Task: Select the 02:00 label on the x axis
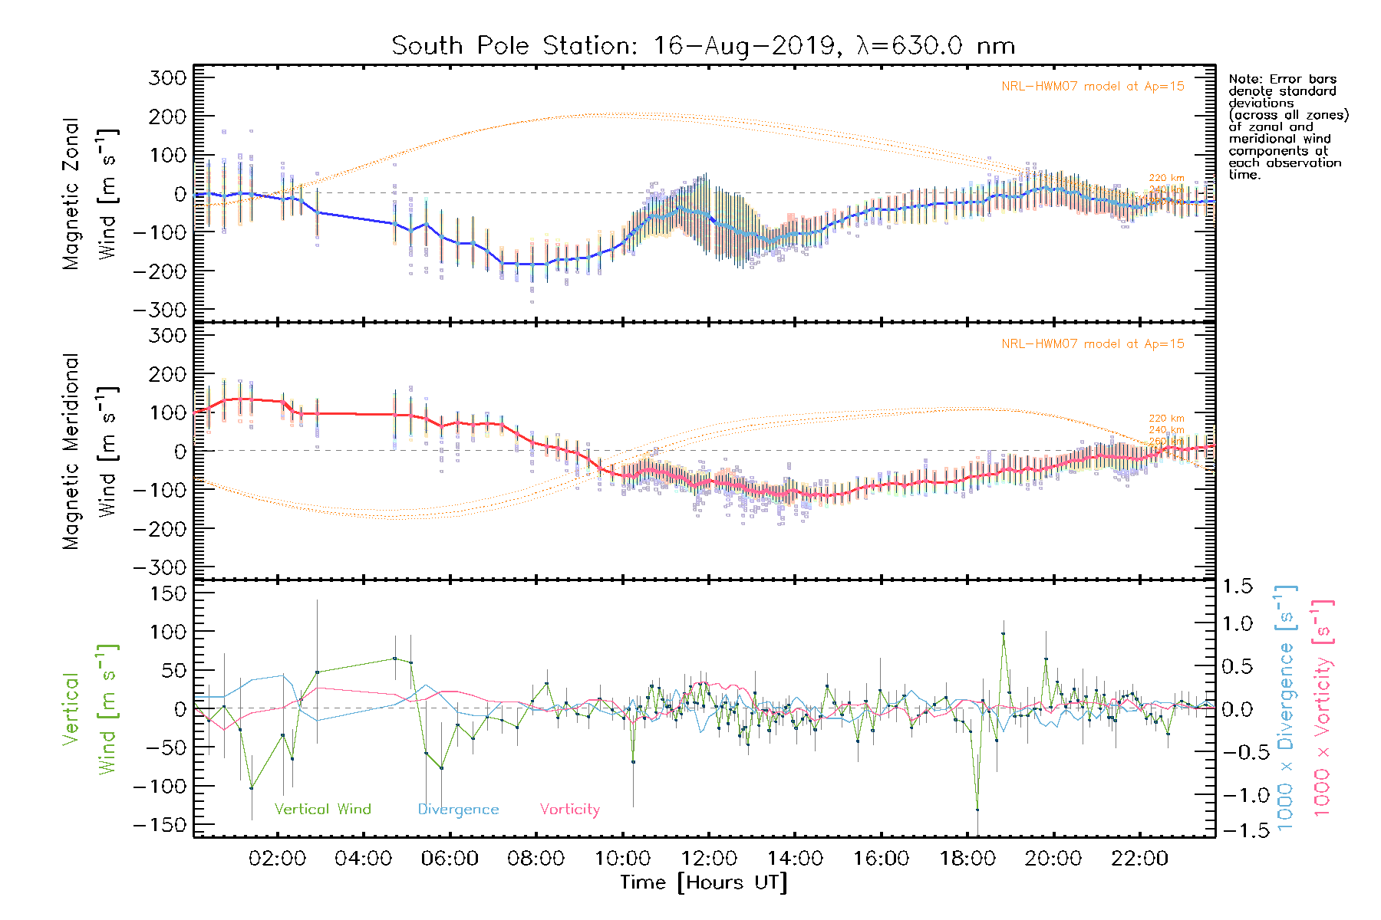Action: (277, 858)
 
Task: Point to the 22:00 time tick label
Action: (1139, 858)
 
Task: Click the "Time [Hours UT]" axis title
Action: (704, 882)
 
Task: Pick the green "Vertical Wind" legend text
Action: (322, 809)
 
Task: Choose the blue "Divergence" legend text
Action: (458, 809)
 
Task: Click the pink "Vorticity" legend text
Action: (569, 809)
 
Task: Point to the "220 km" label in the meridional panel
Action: (1166, 419)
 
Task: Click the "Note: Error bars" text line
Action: (1282, 79)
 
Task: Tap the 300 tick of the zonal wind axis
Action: (167, 77)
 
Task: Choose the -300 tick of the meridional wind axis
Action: (160, 567)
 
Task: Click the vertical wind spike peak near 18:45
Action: (1003, 634)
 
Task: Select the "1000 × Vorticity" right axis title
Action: (1322, 708)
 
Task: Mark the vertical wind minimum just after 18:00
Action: (977, 809)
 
